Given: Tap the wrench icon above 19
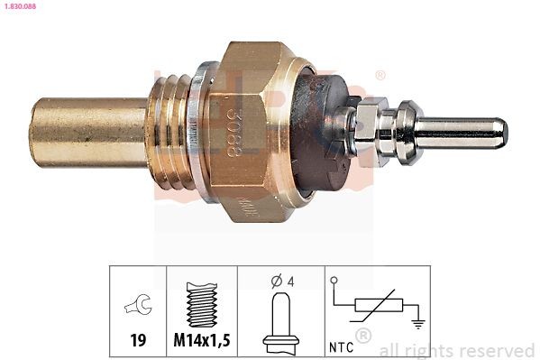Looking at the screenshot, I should pyautogui.click(x=138, y=307).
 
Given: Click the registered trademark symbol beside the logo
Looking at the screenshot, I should pyautogui.click(x=380, y=74).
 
